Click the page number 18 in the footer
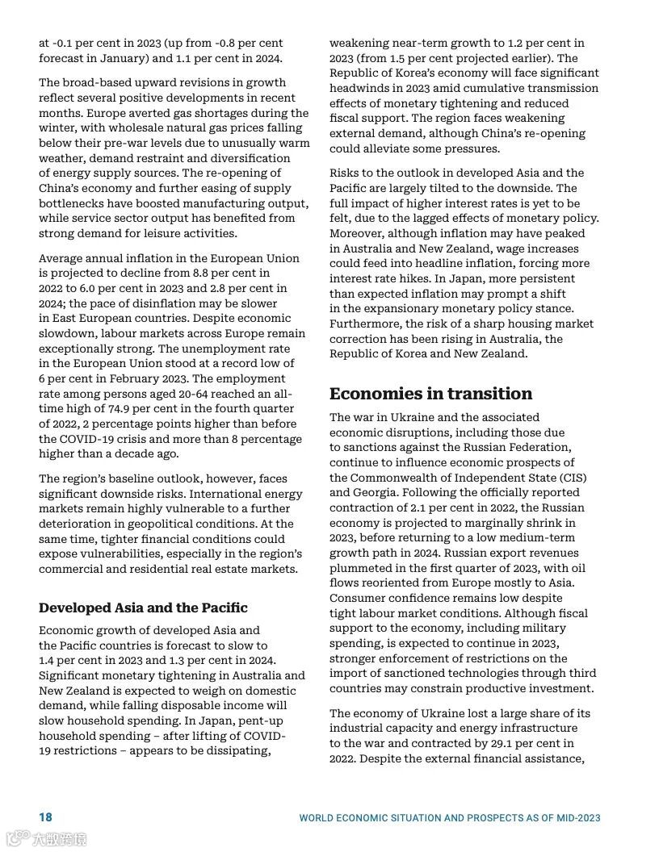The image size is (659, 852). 45,817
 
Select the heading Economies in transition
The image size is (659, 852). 430,394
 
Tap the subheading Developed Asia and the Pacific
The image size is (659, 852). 143,608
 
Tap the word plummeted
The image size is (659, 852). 363,567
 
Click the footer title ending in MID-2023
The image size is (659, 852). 450,817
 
